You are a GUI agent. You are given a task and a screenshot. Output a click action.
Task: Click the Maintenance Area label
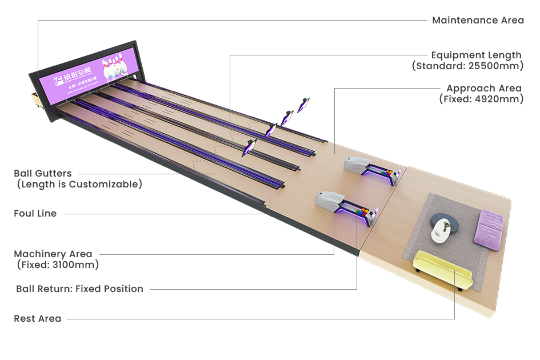pyautogui.click(x=478, y=21)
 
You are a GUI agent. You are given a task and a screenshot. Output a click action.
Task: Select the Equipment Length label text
pyautogui.click(x=476, y=55)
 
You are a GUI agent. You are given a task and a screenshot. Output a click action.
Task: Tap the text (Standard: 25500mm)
pyautogui.click(x=467, y=66)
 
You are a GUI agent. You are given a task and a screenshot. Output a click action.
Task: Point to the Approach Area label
pyautogui.click(x=483, y=89)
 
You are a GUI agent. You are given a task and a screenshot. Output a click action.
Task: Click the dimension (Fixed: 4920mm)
pyautogui.click(x=481, y=99)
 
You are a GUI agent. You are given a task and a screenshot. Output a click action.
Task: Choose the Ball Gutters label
pyautogui.click(x=43, y=173)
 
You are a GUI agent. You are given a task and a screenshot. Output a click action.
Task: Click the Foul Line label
pyautogui.click(x=35, y=214)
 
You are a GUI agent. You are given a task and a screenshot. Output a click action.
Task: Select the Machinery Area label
pyautogui.click(x=53, y=254)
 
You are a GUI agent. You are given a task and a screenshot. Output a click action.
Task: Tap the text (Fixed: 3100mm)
pyautogui.click(x=57, y=265)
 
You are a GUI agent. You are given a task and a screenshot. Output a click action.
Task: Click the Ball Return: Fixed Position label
pyautogui.click(x=79, y=289)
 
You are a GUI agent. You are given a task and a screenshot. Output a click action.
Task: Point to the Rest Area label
pyautogui.click(x=38, y=319)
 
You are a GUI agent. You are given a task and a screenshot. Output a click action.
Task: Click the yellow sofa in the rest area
pyautogui.click(x=442, y=268)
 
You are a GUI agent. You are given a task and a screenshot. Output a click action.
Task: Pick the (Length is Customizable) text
pyautogui.click(x=78, y=184)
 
